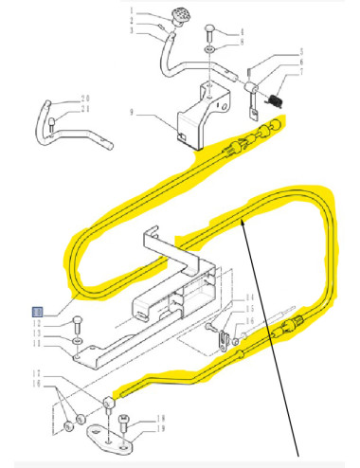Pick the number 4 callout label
coord(240,32)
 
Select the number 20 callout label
coord(84,98)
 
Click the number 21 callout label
coord(84,108)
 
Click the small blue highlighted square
coord(37,311)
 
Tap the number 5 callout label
coord(300,50)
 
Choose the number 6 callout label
coord(300,60)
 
